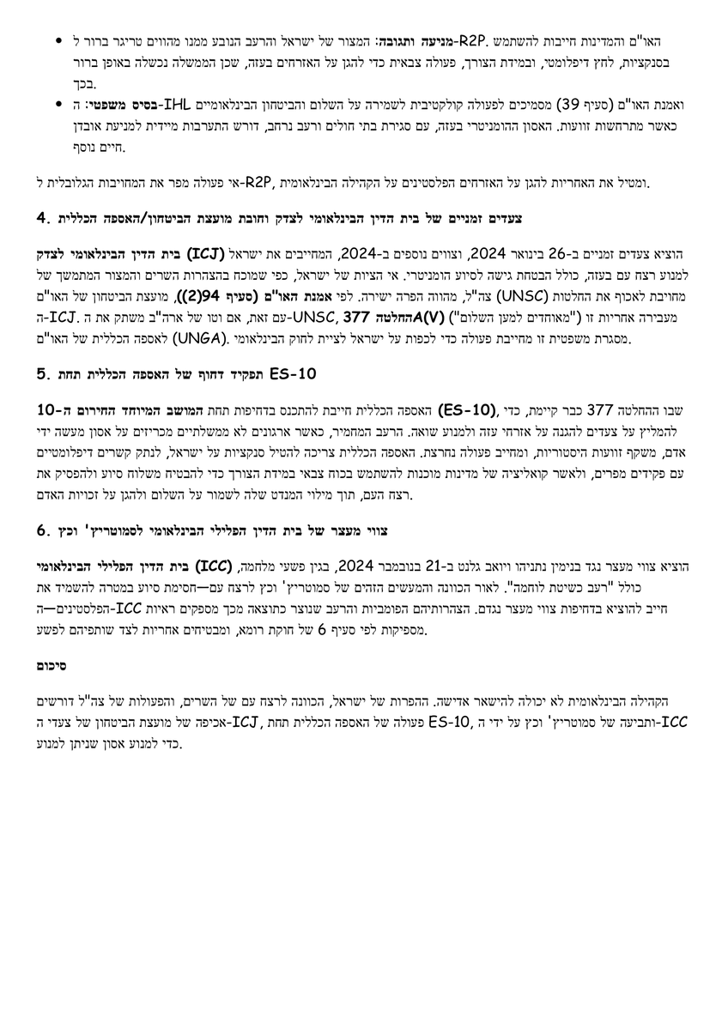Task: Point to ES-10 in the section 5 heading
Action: coord(293,374)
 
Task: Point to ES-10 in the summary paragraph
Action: coord(447,719)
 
